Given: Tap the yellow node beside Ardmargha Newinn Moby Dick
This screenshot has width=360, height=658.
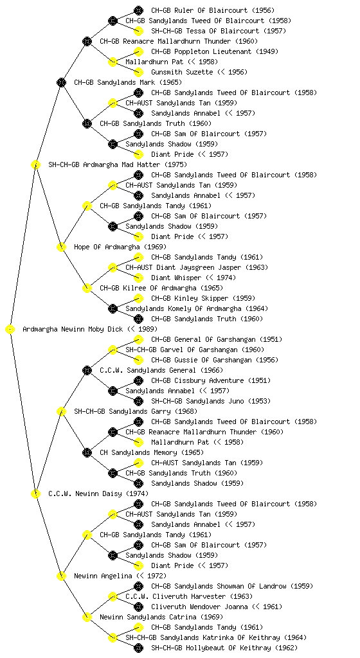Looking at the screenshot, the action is (10, 330).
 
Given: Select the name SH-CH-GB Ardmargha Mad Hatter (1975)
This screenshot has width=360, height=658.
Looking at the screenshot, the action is (118, 165).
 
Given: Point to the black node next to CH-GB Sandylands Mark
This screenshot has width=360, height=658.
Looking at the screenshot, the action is (61, 83).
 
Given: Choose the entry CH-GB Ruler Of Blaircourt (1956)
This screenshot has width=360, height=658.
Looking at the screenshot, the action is (213, 10).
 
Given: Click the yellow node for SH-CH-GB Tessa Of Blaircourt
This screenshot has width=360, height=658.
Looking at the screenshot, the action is (138, 31).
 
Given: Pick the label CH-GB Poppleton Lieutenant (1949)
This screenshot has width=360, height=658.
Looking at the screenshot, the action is (215, 51).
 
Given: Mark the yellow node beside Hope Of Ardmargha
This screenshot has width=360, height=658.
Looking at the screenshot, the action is (61, 247).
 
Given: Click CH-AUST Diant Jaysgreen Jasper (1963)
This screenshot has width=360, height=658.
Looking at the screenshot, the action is (197, 268).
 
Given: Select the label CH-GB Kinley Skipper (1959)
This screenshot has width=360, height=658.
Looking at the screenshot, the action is (207, 298).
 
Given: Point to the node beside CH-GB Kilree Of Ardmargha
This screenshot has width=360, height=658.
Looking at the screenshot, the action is (87, 289).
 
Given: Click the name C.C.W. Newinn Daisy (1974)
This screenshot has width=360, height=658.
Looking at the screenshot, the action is (98, 494).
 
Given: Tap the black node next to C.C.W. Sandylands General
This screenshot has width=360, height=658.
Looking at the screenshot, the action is (87, 371).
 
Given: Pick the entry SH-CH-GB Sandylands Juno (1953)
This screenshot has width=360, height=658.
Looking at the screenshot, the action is (211, 401).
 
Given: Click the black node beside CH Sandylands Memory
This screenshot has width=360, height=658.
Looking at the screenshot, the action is (87, 453).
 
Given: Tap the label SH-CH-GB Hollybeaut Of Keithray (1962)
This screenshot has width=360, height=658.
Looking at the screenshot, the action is (224, 648).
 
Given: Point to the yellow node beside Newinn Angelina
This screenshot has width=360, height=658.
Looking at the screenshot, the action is (61, 576).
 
